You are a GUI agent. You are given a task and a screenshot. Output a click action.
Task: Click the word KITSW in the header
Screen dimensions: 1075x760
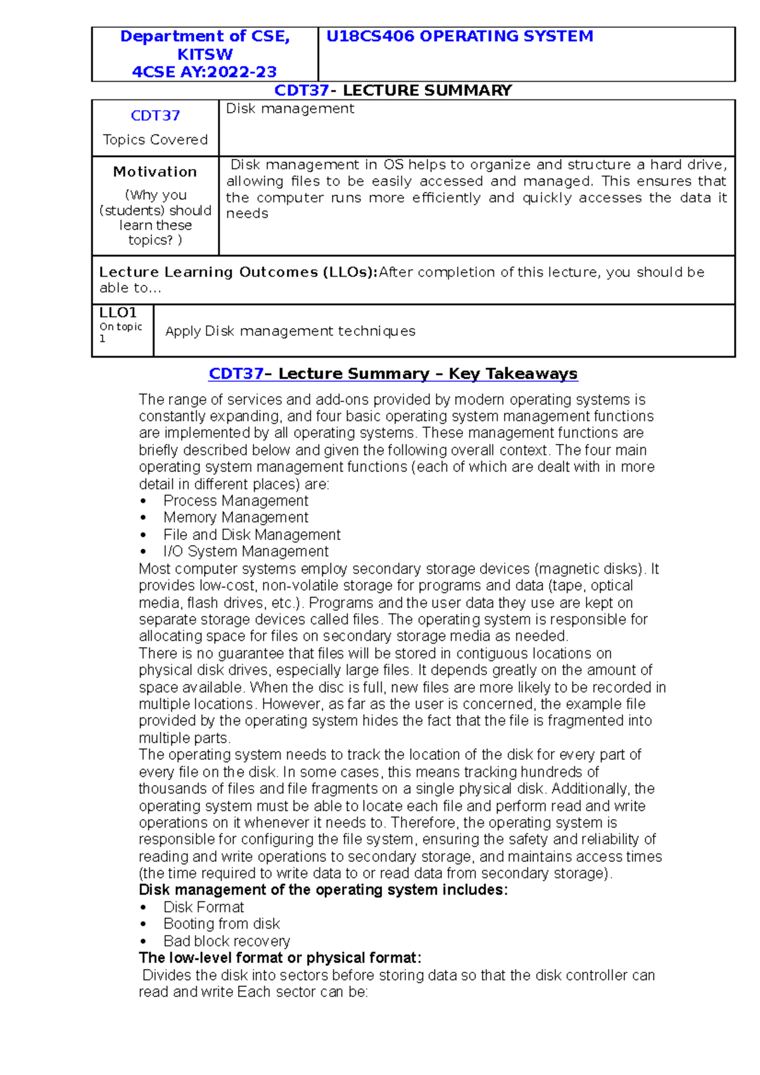(205, 54)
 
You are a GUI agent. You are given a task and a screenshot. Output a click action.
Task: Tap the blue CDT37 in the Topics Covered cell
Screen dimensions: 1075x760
(155, 116)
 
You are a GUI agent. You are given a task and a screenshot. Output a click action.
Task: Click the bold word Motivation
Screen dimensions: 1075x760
(155, 172)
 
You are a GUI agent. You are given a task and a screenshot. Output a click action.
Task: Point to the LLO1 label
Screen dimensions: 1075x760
(118, 313)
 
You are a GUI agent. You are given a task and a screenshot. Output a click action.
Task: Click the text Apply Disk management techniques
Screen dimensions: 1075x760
(290, 331)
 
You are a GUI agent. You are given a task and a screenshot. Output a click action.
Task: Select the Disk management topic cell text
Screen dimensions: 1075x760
(290, 109)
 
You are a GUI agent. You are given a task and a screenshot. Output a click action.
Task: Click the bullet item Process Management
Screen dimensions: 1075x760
(236, 501)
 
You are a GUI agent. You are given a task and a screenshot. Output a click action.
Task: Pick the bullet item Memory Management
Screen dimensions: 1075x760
(236, 518)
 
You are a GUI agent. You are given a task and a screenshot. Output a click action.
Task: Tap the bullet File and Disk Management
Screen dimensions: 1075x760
(251, 535)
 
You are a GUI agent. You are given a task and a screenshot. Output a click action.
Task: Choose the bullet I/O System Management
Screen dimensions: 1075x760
(246, 552)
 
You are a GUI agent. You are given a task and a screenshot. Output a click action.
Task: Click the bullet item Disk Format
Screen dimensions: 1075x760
(203, 907)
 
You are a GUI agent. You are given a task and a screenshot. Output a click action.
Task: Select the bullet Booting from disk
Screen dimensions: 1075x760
(221, 924)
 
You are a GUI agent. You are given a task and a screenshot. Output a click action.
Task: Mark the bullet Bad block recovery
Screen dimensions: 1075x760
(226, 941)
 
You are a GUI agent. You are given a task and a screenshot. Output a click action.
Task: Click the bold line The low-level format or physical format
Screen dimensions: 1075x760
(279, 958)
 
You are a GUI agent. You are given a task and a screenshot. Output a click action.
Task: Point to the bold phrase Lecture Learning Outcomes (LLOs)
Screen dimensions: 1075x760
(237, 272)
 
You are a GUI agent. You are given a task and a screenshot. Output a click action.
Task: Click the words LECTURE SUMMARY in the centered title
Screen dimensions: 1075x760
(427, 91)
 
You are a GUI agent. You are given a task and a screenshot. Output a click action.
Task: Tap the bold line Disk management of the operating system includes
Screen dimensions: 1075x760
(323, 890)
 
